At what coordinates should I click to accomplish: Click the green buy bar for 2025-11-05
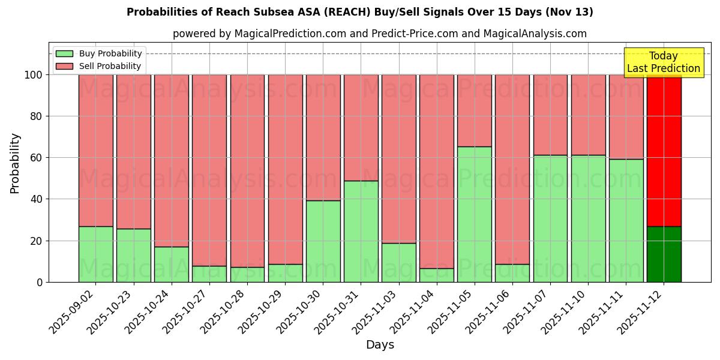pos(475,214)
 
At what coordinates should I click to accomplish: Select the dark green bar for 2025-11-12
pos(664,254)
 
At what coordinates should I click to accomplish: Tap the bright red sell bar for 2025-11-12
pos(664,150)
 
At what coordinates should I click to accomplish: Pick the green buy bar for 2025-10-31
pos(361,231)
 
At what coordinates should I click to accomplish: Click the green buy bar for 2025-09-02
pos(96,254)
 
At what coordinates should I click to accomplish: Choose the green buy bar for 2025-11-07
pos(550,218)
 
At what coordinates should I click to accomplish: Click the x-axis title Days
pos(380,345)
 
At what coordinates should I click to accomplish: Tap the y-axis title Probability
pos(15,163)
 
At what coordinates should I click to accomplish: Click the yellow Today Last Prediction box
pos(664,62)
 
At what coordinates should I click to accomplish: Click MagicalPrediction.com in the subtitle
pos(290,34)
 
